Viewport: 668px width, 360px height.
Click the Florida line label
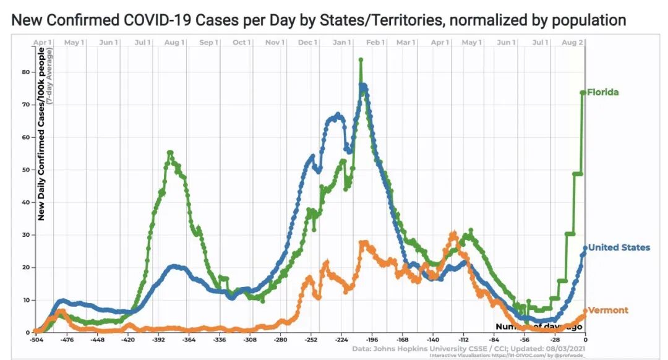603,93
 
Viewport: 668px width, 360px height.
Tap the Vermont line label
608,310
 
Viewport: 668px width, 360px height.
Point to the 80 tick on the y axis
25,72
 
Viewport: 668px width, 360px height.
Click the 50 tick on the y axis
25,169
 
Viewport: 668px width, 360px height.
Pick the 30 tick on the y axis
25,235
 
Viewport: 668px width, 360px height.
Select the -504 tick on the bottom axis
36,340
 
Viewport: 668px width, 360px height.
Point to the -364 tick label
188,340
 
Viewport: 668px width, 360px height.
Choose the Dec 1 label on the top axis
308,42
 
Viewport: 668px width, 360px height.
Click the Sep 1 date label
209,42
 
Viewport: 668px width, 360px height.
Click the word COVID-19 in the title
153,20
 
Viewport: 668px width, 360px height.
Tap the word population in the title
585,20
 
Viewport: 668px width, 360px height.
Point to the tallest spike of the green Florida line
361,60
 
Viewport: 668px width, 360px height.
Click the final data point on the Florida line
583,93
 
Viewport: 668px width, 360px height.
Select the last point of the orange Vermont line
585,311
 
